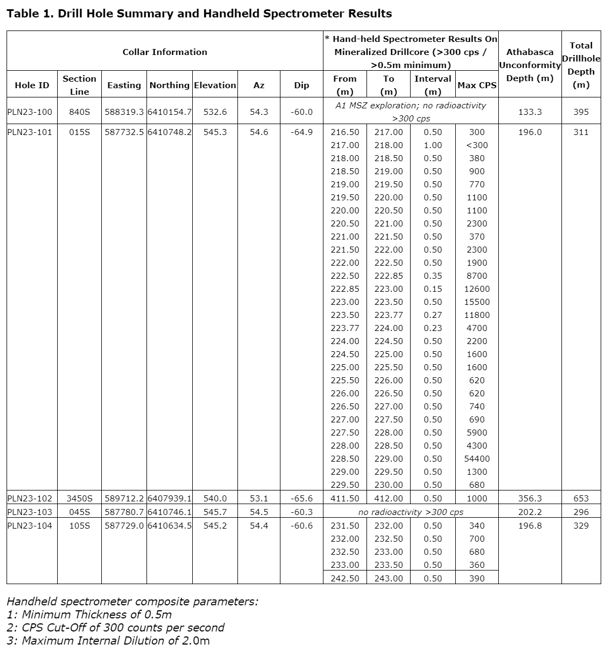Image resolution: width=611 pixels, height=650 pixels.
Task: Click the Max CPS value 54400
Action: point(476,459)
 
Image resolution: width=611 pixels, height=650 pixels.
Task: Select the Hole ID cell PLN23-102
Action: point(30,498)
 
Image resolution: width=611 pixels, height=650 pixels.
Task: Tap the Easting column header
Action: point(124,85)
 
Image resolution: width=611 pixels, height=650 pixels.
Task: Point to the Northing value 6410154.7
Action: point(170,112)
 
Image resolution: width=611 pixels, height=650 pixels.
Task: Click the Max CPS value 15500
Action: point(476,302)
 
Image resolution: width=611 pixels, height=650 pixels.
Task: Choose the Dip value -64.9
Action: point(301,132)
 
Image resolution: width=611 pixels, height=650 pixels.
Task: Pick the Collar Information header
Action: point(164,52)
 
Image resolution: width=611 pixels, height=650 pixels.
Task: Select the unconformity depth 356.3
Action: point(530,498)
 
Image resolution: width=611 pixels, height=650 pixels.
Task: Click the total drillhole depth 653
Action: point(581,498)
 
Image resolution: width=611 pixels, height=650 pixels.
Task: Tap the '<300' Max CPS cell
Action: point(476,145)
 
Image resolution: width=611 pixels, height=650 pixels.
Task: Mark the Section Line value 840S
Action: point(79,112)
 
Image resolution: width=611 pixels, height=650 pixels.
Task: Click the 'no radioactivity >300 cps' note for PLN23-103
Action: point(411,512)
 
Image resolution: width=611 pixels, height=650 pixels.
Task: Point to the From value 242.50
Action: point(345,579)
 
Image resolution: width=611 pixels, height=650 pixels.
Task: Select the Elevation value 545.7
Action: point(215,512)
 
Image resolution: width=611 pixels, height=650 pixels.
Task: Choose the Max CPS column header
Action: point(476,85)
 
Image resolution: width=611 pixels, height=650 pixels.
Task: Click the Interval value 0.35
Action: point(432,276)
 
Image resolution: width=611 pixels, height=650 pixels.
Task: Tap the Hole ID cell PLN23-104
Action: point(30,526)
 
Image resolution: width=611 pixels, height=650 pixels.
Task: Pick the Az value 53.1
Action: point(259,498)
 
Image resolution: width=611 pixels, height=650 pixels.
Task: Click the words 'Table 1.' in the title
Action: point(29,14)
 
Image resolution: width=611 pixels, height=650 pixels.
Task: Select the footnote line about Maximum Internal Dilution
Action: point(108,641)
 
